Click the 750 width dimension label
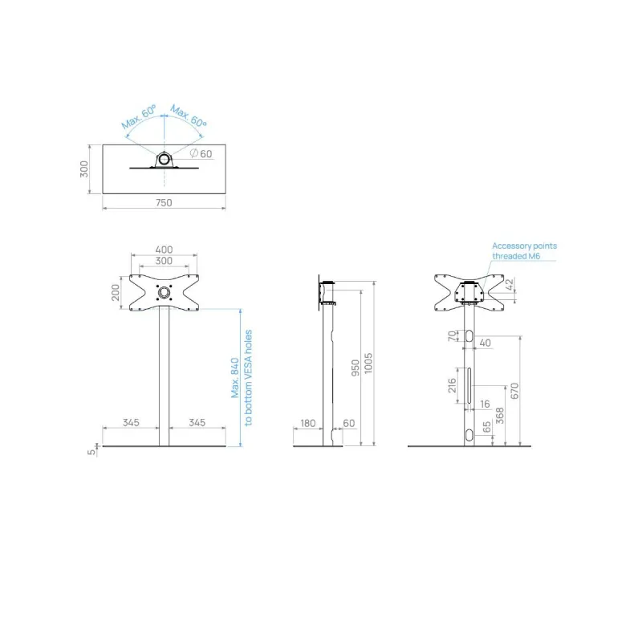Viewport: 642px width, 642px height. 164,203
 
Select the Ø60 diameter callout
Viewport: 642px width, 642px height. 201,153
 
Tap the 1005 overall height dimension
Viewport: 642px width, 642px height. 368,364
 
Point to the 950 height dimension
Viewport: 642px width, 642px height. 356,368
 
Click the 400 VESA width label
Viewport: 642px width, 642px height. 164,250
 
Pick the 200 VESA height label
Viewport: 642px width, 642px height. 116,292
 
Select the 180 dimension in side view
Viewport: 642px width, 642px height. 308,423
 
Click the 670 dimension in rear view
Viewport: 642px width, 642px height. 514,391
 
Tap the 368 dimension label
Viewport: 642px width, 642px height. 499,416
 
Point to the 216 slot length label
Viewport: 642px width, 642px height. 452,385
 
